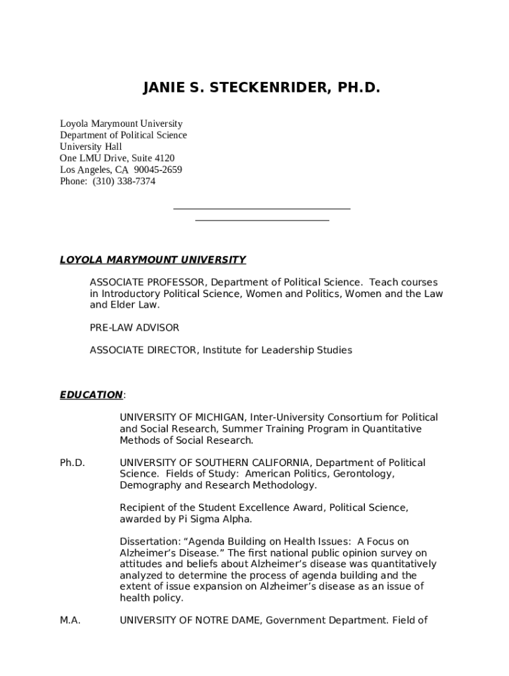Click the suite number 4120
click(x=164, y=158)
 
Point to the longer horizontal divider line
click(x=262, y=209)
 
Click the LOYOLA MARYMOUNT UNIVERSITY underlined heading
click(x=153, y=260)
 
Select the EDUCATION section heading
click(x=91, y=395)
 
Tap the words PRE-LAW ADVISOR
click(x=134, y=327)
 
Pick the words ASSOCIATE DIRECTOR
click(x=143, y=350)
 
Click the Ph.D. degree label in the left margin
click(x=72, y=463)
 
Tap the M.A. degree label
click(x=70, y=621)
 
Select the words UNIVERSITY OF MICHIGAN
click(x=183, y=417)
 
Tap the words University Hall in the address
click(x=91, y=147)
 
